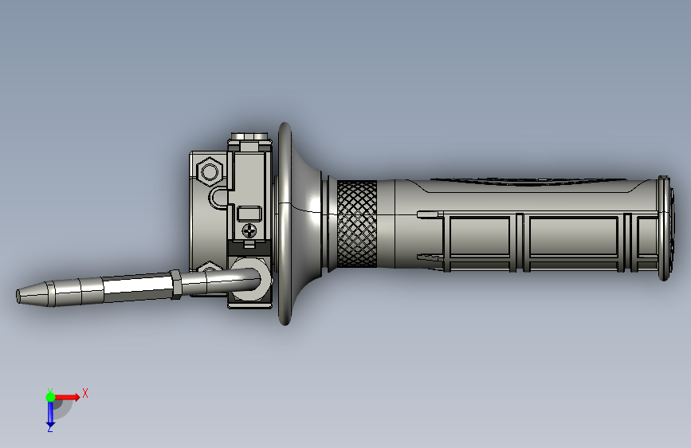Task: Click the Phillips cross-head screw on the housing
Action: pyautogui.click(x=249, y=230)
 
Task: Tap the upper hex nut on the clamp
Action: pyautogui.click(x=210, y=171)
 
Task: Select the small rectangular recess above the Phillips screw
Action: pyautogui.click(x=249, y=214)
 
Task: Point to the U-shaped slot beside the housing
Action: pyautogui.click(x=219, y=198)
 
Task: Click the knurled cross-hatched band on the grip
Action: pyautogui.click(x=357, y=223)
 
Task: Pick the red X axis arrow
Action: pyautogui.click(x=66, y=397)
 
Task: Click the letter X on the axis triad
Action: pyautogui.click(x=85, y=393)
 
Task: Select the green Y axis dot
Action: pyautogui.click(x=50, y=397)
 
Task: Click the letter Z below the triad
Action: pyautogui.click(x=49, y=429)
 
